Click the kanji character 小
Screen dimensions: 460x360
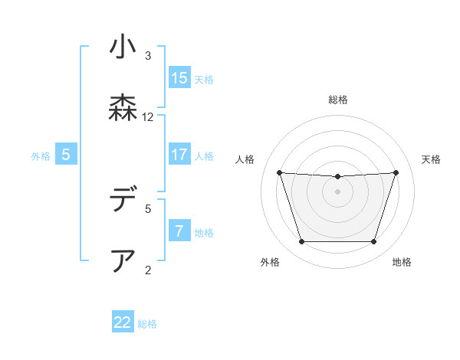(x=123, y=47)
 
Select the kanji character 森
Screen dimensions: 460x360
(x=123, y=109)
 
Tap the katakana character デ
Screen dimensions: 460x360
(x=123, y=201)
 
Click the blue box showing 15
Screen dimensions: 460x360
(x=179, y=77)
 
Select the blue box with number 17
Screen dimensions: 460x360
(x=179, y=154)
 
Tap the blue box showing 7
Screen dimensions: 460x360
(x=179, y=231)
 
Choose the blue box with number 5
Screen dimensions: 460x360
(x=66, y=154)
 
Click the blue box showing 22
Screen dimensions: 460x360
(x=123, y=322)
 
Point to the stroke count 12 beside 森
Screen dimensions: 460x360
(x=148, y=117)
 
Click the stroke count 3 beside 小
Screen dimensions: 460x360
(x=148, y=55)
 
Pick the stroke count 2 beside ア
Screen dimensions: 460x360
(x=148, y=270)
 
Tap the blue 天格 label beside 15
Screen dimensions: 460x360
(x=203, y=79)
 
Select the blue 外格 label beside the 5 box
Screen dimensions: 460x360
(x=41, y=155)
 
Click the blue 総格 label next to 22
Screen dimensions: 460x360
(x=147, y=324)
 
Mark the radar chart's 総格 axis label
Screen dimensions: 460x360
(x=337, y=100)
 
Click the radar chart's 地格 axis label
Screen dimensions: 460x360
(x=402, y=262)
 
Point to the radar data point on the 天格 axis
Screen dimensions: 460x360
(x=396, y=172)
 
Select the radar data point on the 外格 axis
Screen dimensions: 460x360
(x=301, y=242)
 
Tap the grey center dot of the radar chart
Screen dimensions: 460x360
(x=337, y=191)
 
